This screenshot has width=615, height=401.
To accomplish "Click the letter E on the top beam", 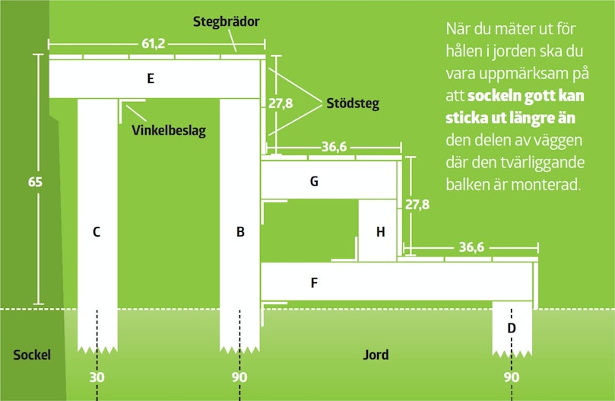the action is coord(151,78).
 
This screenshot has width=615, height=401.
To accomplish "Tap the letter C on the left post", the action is coord(97,232).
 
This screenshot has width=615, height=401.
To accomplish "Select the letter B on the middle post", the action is coord(240,232).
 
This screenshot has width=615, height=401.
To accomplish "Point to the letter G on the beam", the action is coord(314,181).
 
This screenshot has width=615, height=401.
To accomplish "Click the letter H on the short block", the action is coord(380,232).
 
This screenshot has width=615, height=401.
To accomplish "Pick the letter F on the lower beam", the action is coord(314,282).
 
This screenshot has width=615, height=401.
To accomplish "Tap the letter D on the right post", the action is coord(512,327).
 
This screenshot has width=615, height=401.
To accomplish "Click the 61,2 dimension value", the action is coord(154,43).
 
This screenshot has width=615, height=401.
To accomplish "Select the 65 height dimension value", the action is coord(35,182).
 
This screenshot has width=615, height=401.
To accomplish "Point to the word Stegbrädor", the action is coord(227,21).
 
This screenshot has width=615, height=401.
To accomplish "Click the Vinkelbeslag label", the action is coord(169,130).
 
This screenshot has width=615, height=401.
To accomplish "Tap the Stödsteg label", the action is coord(353,103).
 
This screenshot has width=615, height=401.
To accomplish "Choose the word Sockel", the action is coord(32,355).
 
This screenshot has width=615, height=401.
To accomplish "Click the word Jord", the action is coord(376,355).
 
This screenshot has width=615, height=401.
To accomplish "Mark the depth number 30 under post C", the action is coord(97,377).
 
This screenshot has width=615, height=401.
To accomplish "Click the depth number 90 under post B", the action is coord(239,377).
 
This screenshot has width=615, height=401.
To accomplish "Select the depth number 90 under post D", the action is coord(512,377).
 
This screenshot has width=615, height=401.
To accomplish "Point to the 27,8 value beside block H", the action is coord(417,205).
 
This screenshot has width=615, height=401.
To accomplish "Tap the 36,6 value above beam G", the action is coord(334,147).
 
